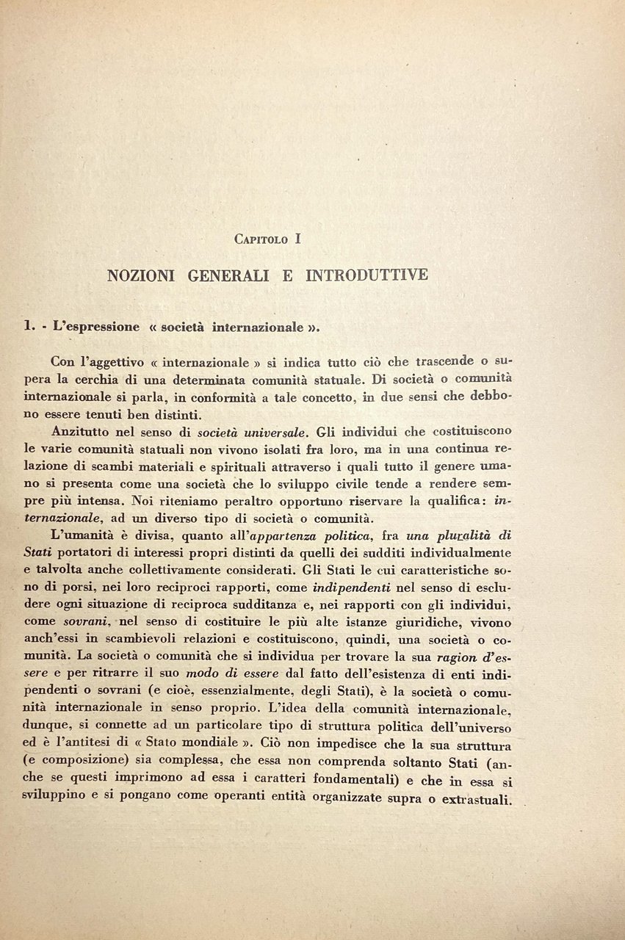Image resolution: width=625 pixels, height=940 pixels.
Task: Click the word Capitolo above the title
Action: (261, 239)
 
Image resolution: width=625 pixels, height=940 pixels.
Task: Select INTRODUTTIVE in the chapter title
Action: (366, 276)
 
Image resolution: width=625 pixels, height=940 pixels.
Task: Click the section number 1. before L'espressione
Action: (30, 326)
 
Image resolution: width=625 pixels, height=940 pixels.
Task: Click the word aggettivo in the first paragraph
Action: (119, 361)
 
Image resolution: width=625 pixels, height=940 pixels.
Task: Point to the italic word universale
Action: (261, 431)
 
